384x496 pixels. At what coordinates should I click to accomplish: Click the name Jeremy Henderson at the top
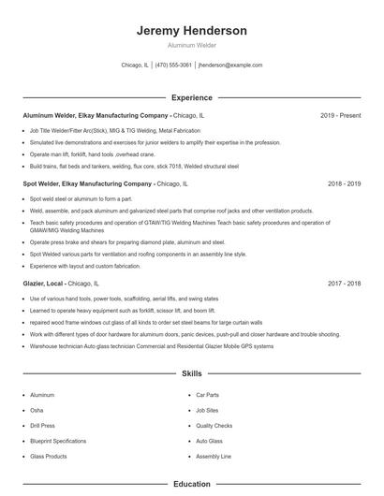[x=192, y=31]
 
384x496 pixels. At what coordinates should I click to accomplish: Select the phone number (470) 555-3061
[x=173, y=66]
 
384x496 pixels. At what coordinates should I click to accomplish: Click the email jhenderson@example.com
[x=230, y=66]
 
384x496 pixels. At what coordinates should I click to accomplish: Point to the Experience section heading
[x=192, y=97]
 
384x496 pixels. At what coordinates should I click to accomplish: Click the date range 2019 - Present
[x=340, y=115]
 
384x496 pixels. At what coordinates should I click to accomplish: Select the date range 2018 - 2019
[x=344, y=184]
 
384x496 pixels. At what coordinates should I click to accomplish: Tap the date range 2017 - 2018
[x=344, y=282]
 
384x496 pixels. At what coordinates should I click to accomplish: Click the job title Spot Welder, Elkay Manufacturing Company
[x=87, y=184]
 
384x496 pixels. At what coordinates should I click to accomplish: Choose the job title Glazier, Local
[x=43, y=282]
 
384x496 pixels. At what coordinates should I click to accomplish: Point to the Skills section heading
[x=192, y=373]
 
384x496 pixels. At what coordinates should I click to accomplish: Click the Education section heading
[x=192, y=484]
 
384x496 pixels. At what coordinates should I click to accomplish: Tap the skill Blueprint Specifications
[x=58, y=440]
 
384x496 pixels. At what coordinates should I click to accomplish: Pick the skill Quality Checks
[x=214, y=425]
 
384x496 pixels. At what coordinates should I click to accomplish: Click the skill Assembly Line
[x=213, y=456]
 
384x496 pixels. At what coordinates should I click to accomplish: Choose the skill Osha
[x=37, y=410]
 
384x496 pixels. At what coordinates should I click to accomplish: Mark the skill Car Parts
[x=207, y=395]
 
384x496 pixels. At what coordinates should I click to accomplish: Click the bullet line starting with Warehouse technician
[x=151, y=346]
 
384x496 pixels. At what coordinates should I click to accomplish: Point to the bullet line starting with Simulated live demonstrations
[x=155, y=143]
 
